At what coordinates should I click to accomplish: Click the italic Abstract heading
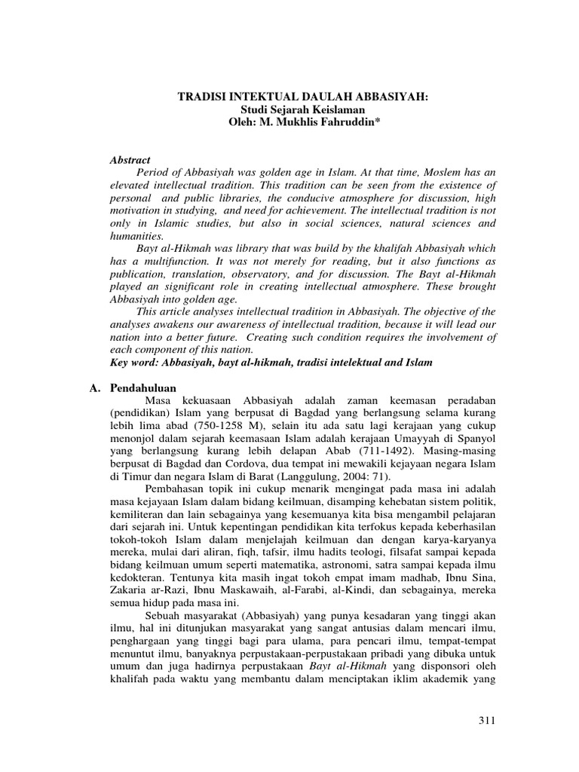(x=130, y=161)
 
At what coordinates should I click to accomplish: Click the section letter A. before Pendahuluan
(x=94, y=387)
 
